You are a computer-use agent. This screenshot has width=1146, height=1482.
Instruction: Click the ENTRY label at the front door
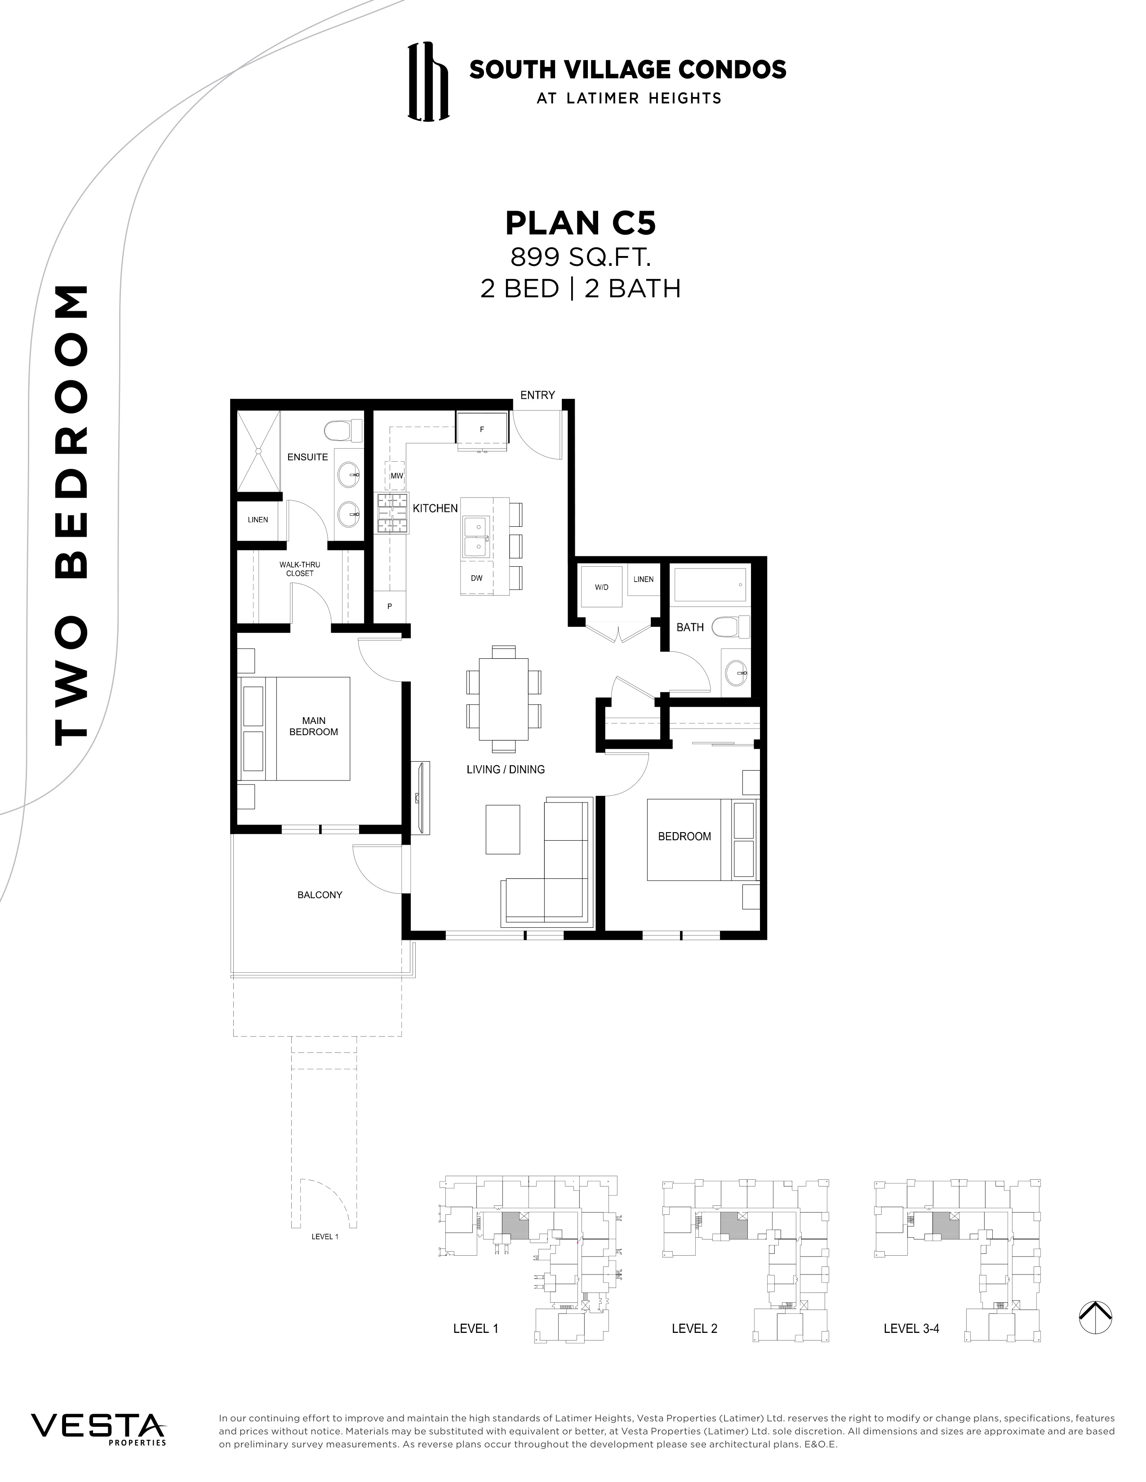pyautogui.click(x=537, y=395)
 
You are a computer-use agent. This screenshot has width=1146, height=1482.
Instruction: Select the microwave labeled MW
pyautogui.click(x=396, y=476)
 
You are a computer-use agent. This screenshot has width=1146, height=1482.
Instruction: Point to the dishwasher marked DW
pyautogui.click(x=476, y=578)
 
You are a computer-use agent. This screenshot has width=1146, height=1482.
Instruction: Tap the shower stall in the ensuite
pyautogui.click(x=258, y=451)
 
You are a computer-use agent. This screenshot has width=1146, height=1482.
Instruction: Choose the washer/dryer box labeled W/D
pyautogui.click(x=601, y=587)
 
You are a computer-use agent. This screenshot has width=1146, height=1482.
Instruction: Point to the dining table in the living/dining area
pyautogui.click(x=503, y=699)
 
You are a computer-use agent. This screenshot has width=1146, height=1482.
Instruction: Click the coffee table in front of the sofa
pyautogui.click(x=503, y=829)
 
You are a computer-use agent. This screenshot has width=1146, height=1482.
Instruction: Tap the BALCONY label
pyautogui.click(x=320, y=895)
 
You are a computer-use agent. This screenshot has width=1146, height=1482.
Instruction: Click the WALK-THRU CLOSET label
pyautogui.click(x=299, y=569)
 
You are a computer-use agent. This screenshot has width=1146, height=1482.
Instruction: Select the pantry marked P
pyautogui.click(x=390, y=606)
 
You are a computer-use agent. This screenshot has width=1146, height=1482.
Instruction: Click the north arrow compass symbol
pyautogui.click(x=1095, y=1318)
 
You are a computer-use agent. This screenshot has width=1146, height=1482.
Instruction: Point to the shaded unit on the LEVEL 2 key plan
pyautogui.click(x=733, y=1227)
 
